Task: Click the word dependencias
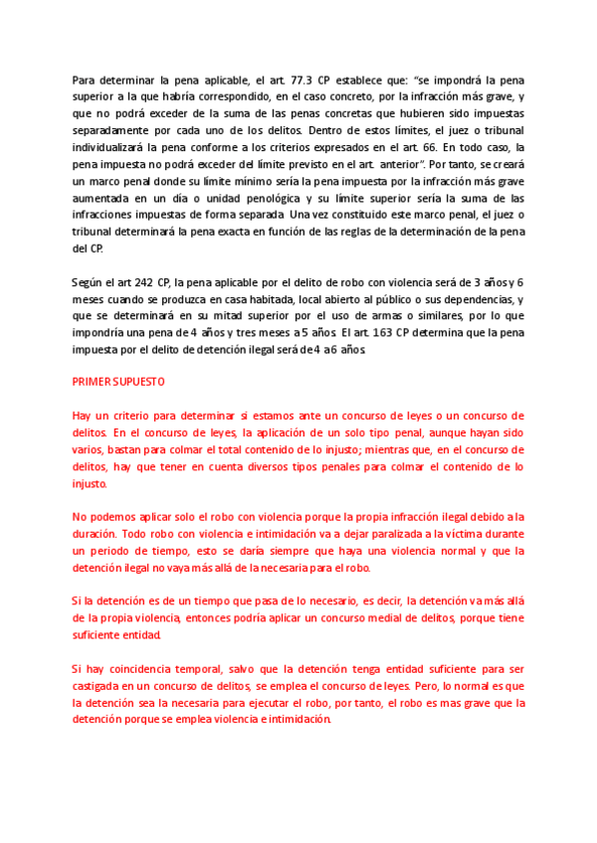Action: (472, 300)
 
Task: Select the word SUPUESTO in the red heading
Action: (145, 382)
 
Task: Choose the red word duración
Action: (99, 534)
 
